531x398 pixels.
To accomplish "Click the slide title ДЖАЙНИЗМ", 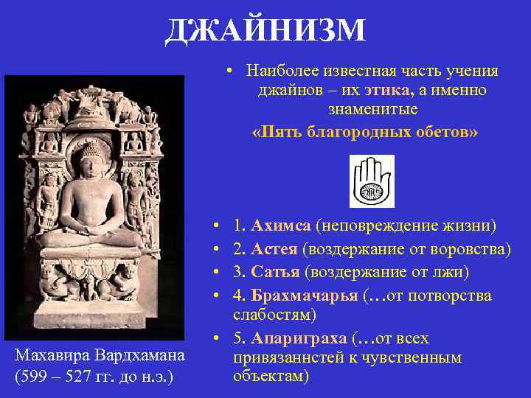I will pos(265,31).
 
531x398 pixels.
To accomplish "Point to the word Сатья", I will pos(275,273).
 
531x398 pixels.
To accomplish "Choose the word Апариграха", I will pos(299,339).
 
